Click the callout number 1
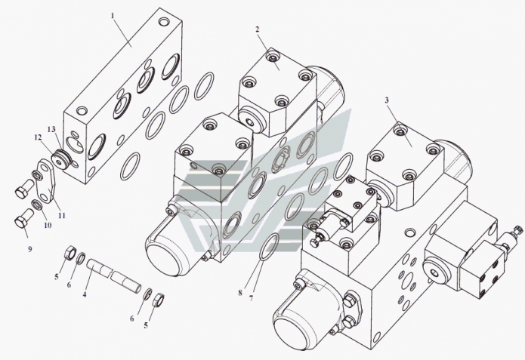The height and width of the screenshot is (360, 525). coord(113,16)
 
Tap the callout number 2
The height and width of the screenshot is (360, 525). coord(257,29)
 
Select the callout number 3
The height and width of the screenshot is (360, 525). coord(387,100)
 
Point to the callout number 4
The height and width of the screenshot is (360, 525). coord(85,295)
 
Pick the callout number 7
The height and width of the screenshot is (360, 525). coord(251,298)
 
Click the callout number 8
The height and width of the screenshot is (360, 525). coord(240,293)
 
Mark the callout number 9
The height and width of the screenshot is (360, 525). coord(29,249)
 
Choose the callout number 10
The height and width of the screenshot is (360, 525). coord(48,225)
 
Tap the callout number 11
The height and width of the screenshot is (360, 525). coord(62,216)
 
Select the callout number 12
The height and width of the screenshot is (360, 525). coord(38,137)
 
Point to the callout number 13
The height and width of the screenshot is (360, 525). coord(51,129)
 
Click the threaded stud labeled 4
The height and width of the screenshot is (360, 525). coord(114,276)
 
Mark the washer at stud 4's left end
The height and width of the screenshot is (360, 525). coord(82,258)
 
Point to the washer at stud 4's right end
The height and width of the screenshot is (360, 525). coord(147,294)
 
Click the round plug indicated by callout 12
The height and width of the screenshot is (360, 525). coord(60,161)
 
